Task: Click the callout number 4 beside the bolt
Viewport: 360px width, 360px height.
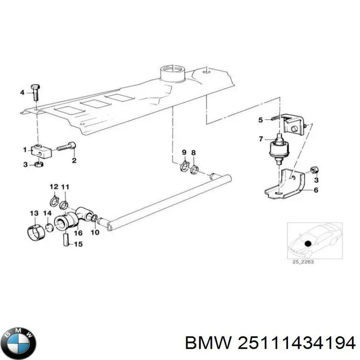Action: pos(21,93)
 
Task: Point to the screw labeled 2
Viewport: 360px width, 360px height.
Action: pos(66,147)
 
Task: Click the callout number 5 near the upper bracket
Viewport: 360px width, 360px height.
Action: pos(260,120)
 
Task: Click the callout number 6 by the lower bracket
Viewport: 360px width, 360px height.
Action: pos(315,190)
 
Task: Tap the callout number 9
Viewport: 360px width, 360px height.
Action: pos(184,153)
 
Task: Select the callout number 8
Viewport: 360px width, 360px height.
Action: pos(193,153)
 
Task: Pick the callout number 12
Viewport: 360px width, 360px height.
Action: pos(54,187)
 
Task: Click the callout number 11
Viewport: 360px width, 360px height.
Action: pos(65,187)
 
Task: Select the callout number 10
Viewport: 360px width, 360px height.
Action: pos(94,233)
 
